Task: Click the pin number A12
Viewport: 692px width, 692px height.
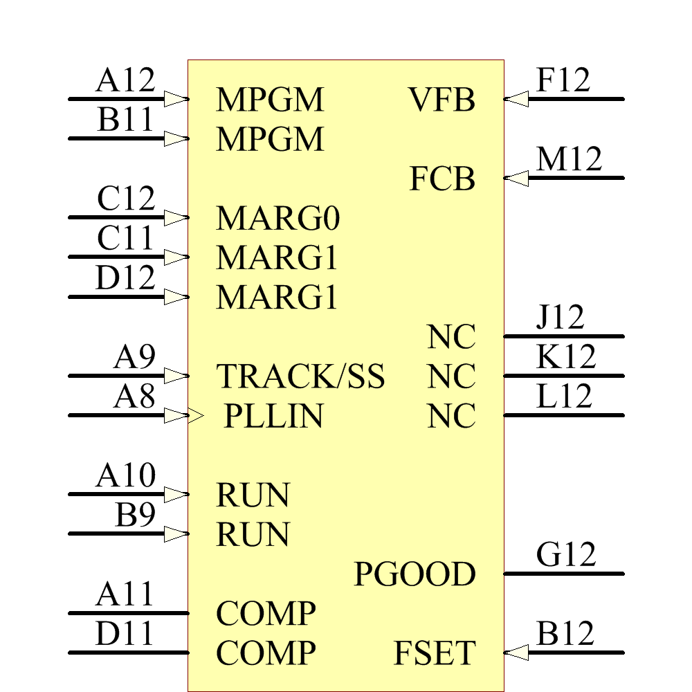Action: pyautogui.click(x=125, y=81)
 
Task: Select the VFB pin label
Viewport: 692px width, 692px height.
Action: pyautogui.click(x=441, y=100)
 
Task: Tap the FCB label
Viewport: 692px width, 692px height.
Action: pyautogui.click(x=442, y=180)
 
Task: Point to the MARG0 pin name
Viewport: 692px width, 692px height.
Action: pyautogui.click(x=278, y=219)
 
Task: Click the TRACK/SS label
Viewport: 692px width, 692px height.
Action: pyautogui.click(x=300, y=377)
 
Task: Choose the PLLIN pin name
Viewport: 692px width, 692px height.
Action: pyautogui.click(x=273, y=417)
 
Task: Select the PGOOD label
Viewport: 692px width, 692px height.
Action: pyautogui.click(x=415, y=575)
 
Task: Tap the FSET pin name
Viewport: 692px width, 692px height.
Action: pyautogui.click(x=435, y=654)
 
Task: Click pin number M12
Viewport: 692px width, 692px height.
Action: pyautogui.click(x=569, y=160)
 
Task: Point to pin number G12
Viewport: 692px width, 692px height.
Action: pyautogui.click(x=565, y=556)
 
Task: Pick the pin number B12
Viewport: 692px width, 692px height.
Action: pyautogui.click(x=565, y=635)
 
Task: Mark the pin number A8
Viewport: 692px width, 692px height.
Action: pyautogui.click(x=134, y=398)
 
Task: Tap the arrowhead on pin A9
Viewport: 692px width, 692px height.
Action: pyautogui.click(x=176, y=376)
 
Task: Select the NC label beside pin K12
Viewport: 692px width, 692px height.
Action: pyautogui.click(x=451, y=378)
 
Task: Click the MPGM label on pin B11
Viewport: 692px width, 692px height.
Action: pyautogui.click(x=270, y=140)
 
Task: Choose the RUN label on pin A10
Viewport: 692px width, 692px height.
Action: pyautogui.click(x=253, y=496)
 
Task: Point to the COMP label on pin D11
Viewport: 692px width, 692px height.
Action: pyautogui.click(x=266, y=654)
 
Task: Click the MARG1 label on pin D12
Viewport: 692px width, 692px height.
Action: pyautogui.click(x=277, y=298)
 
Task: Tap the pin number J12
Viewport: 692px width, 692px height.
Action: pyautogui.click(x=560, y=318)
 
